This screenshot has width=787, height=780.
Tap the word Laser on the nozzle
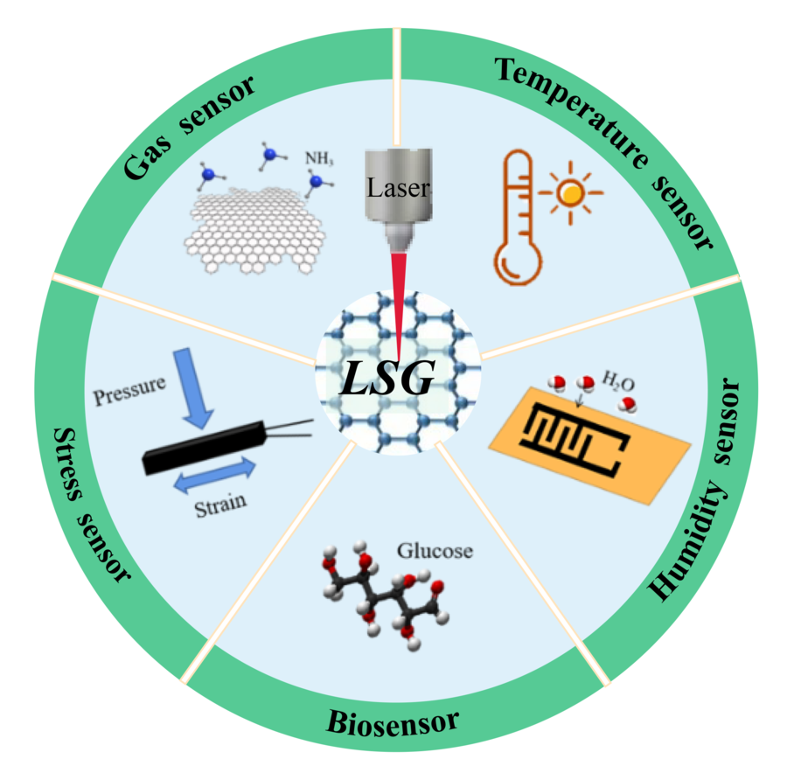point(398,187)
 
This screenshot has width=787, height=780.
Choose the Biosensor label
point(393,722)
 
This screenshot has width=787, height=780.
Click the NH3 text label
point(318,159)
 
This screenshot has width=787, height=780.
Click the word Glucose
point(435,551)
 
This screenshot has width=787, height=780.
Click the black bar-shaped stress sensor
point(206,447)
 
